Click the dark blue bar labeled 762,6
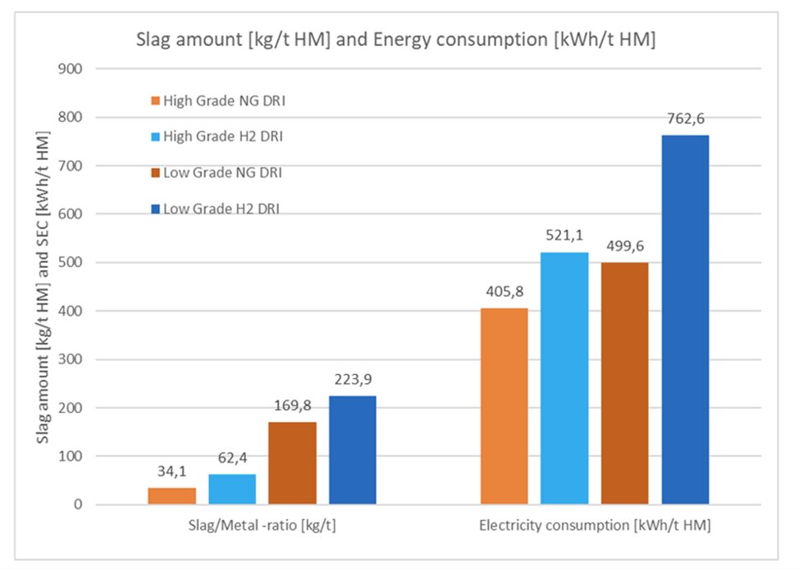(x=685, y=320)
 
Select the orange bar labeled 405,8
(x=504, y=406)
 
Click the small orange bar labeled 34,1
(x=171, y=496)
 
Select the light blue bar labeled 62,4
(x=232, y=490)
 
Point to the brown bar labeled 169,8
(x=292, y=463)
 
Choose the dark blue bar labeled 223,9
(x=353, y=450)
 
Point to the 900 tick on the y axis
(x=71, y=69)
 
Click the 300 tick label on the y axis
(x=71, y=359)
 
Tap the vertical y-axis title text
(x=42, y=287)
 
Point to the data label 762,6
(x=685, y=119)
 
